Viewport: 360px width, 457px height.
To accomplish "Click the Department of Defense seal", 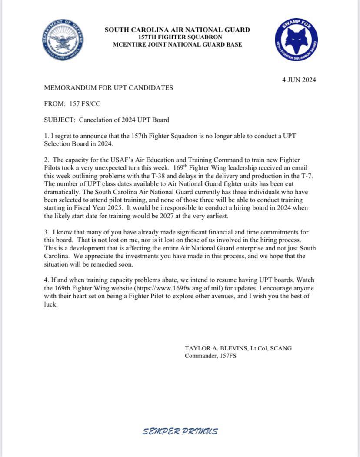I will pos(63,40).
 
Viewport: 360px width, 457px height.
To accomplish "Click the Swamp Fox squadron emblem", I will pos(296,40).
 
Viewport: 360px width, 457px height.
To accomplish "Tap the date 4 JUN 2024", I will pos(299,80).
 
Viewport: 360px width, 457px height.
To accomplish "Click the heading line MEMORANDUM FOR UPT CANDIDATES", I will pos(108,88).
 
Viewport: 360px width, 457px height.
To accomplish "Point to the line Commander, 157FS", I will pos(210,356).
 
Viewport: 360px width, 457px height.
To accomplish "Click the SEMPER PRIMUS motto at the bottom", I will pos(180,431).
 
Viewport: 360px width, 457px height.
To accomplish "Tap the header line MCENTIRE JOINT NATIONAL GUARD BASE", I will pos(177,44).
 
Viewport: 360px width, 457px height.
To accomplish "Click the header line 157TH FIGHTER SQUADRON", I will pos(177,37).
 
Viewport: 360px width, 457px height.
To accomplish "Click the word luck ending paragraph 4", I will pos(50,304).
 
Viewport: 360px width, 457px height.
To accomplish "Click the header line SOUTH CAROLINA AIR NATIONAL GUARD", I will pos(177,30).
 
